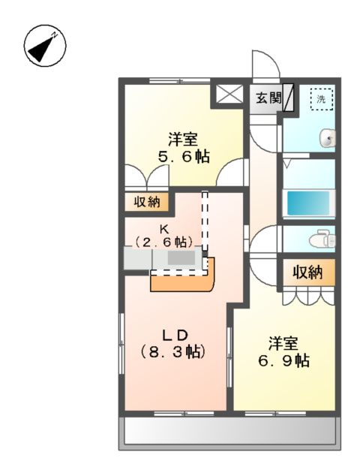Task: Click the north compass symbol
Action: (44, 47)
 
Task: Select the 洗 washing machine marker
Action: (321, 98)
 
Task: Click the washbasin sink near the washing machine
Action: (326, 138)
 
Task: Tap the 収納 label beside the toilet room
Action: (307, 272)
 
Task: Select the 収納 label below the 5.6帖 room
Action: (147, 201)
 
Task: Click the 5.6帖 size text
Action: (182, 157)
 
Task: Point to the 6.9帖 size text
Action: (283, 360)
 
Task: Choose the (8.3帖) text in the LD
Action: (172, 351)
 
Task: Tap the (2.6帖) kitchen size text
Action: (165, 242)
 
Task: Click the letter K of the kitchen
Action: (163, 228)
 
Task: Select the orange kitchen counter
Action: (183, 279)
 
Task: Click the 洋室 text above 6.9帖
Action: (283, 344)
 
